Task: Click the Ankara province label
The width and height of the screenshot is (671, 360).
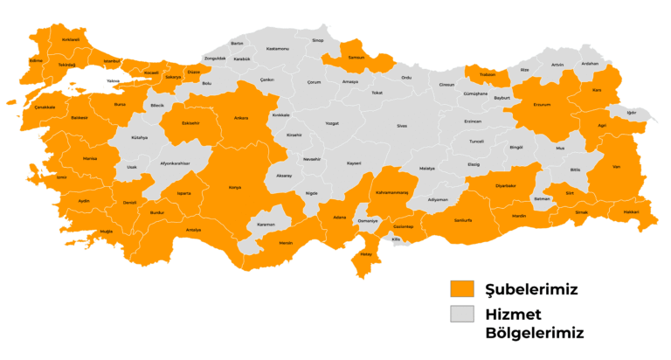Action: (x=241, y=118)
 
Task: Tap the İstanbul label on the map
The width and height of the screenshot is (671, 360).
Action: (x=112, y=61)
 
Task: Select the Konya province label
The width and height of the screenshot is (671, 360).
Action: (x=234, y=187)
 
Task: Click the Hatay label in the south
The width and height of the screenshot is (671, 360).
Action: (x=366, y=255)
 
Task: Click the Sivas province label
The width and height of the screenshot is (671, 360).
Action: (x=402, y=126)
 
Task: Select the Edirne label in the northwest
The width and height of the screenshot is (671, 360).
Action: (x=36, y=61)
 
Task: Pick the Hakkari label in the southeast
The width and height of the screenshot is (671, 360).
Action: (x=631, y=211)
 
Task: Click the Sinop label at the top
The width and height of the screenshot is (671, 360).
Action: (x=318, y=40)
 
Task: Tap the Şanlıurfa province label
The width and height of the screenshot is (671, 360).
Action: (x=462, y=219)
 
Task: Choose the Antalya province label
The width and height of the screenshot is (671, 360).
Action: (x=193, y=230)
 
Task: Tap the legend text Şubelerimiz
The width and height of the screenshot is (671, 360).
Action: (x=531, y=288)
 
